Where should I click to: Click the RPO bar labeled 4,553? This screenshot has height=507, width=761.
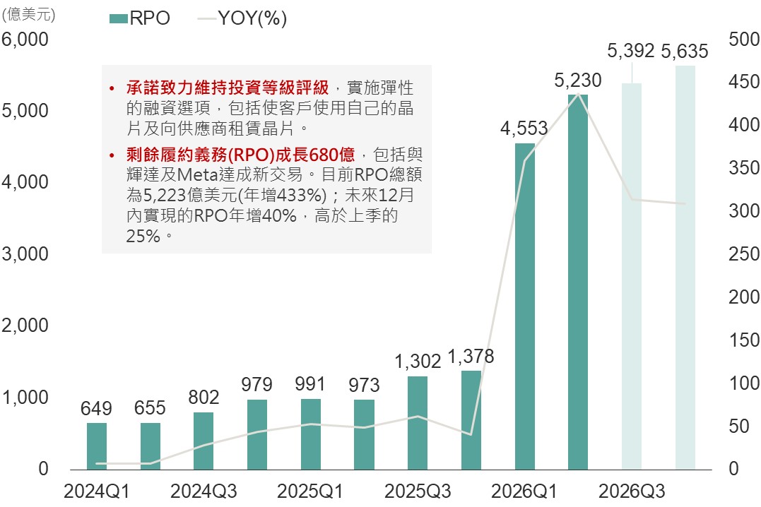click(524, 306)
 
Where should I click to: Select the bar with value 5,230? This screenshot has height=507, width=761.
click(578, 281)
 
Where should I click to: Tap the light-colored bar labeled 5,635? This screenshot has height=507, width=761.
click(685, 267)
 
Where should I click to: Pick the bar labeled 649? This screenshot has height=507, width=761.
click(97, 446)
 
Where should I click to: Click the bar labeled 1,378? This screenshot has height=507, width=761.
click(471, 419)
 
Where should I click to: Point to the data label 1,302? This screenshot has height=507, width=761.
click(418, 362)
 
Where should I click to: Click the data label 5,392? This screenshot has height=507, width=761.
click(631, 52)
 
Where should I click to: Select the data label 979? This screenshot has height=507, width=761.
click(257, 385)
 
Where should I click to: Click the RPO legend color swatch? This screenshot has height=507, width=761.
click(118, 19)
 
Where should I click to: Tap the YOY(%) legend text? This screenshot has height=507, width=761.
click(252, 19)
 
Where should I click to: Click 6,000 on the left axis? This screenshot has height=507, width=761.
click(25, 39)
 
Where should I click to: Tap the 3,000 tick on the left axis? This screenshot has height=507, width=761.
click(25, 254)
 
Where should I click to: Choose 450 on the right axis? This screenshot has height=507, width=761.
click(743, 82)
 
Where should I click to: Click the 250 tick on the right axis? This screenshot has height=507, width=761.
click(743, 254)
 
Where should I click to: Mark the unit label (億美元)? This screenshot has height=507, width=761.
click(29, 13)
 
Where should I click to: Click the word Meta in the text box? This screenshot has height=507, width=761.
click(198, 174)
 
